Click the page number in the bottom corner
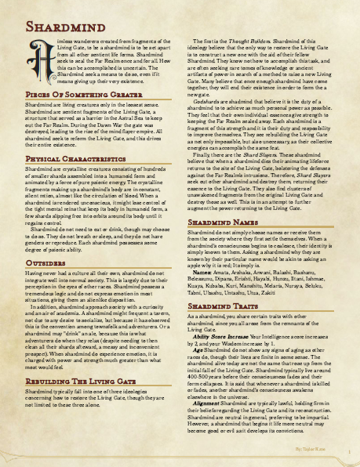[x=347, y=452]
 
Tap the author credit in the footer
[x=311, y=452]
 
